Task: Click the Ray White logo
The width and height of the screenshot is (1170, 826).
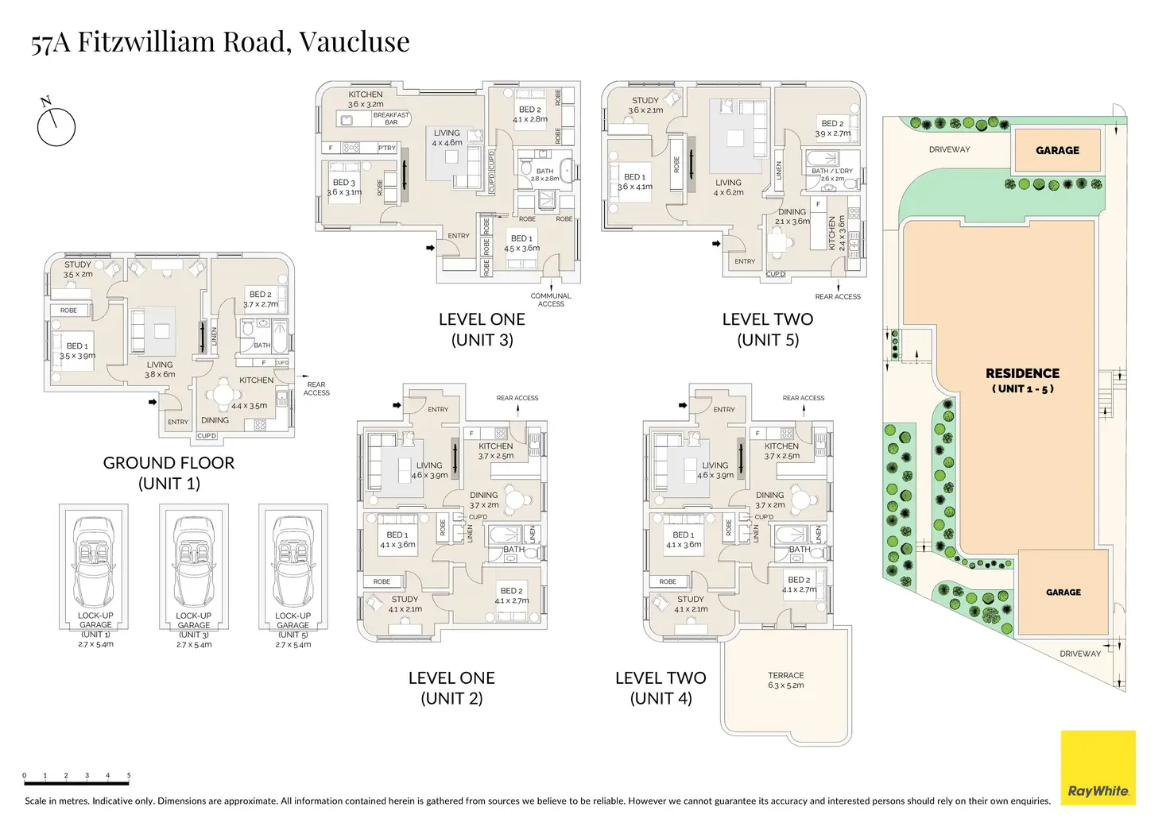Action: (x=1098, y=768)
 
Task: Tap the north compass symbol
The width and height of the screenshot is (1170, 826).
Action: (x=55, y=125)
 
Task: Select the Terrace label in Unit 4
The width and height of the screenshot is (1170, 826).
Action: (x=785, y=675)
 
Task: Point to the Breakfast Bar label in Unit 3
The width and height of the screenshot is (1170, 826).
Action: (x=391, y=118)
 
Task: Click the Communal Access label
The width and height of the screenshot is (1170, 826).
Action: (x=551, y=299)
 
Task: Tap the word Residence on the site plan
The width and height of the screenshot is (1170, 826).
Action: (x=1022, y=372)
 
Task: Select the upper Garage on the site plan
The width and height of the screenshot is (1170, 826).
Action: (x=1057, y=150)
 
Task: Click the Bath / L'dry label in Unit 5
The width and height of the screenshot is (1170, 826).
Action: (x=831, y=171)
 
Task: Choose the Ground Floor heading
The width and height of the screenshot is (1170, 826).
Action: (x=169, y=463)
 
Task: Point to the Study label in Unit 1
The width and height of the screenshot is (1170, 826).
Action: (x=78, y=264)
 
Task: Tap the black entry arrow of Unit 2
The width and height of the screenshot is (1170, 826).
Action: (x=397, y=406)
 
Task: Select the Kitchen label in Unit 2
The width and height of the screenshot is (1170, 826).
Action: (x=495, y=446)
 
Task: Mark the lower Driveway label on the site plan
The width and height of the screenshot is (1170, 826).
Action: (x=1079, y=654)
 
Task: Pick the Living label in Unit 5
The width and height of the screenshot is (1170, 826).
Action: (x=728, y=183)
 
